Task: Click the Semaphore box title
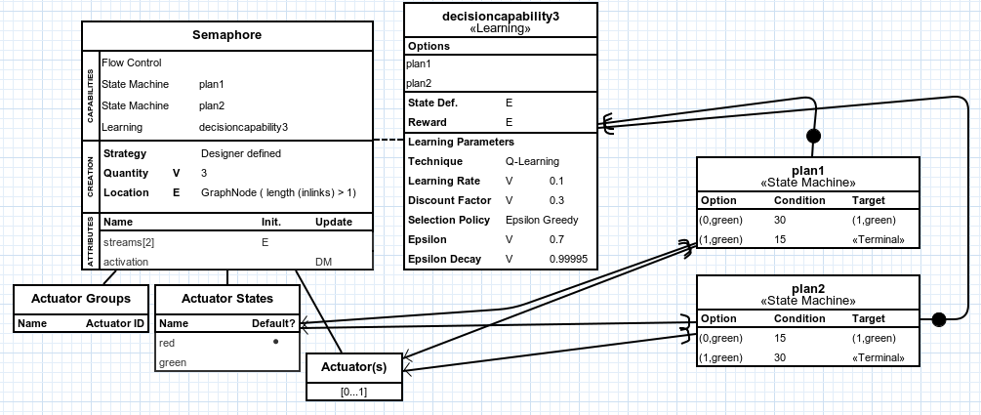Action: (x=226, y=36)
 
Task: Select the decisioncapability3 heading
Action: (x=500, y=17)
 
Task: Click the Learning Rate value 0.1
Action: (x=556, y=181)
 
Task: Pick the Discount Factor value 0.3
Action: (x=556, y=200)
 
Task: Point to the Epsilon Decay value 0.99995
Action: (x=568, y=259)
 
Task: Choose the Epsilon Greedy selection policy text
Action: (x=542, y=220)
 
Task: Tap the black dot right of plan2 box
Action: (x=939, y=318)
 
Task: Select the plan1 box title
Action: (x=807, y=171)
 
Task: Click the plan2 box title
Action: (x=807, y=289)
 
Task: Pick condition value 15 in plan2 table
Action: (x=780, y=338)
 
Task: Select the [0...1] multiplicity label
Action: (x=353, y=391)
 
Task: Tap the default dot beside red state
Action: (x=276, y=343)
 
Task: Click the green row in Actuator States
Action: (x=173, y=362)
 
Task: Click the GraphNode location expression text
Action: (x=278, y=192)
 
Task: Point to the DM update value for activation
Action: (x=323, y=262)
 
